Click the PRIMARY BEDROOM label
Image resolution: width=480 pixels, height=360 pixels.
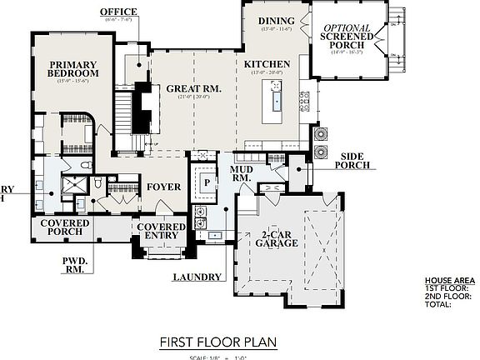click(x=73, y=68)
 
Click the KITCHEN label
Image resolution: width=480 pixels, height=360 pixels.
click(x=267, y=63)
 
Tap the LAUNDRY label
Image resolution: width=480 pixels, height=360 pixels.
click(x=197, y=277)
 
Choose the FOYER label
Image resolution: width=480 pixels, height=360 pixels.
click(x=164, y=187)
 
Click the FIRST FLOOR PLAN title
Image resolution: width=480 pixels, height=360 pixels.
click(x=217, y=342)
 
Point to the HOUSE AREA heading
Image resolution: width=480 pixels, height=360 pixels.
click(x=449, y=281)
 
